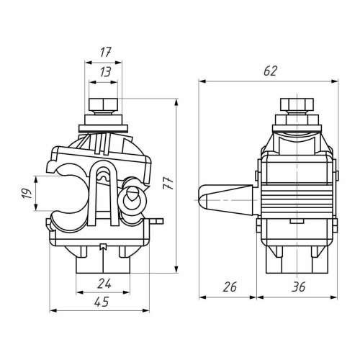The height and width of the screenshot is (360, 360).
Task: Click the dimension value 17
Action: click(x=105, y=53)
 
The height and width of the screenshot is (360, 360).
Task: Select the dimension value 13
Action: click(x=105, y=72)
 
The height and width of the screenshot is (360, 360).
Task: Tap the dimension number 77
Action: click(x=168, y=183)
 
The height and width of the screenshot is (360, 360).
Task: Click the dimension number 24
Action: click(x=104, y=284)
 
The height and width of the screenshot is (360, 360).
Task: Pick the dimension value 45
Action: click(x=102, y=302)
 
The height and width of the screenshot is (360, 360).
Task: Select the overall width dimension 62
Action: click(x=270, y=71)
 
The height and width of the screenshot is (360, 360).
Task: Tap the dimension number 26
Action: click(x=230, y=287)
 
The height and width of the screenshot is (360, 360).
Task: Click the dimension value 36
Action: click(x=298, y=287)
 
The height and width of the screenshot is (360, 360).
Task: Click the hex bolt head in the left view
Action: click(x=104, y=104)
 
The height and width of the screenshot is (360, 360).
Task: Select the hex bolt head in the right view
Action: click(x=297, y=104)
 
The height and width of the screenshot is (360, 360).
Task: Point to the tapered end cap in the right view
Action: click(x=226, y=199)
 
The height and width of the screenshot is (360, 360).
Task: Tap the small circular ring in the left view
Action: click(x=132, y=199)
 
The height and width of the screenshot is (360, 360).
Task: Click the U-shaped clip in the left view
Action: click(x=103, y=193)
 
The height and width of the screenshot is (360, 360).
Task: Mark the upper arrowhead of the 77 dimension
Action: click(x=176, y=102)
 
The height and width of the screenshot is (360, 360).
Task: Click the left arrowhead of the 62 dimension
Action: click(x=202, y=81)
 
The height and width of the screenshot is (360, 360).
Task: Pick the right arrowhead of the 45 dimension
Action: click(x=145, y=310)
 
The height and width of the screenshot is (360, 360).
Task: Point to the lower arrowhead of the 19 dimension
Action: click(x=36, y=207)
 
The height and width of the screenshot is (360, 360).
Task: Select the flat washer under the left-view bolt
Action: click(x=104, y=129)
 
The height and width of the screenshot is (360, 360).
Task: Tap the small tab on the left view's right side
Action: click(x=156, y=221)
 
